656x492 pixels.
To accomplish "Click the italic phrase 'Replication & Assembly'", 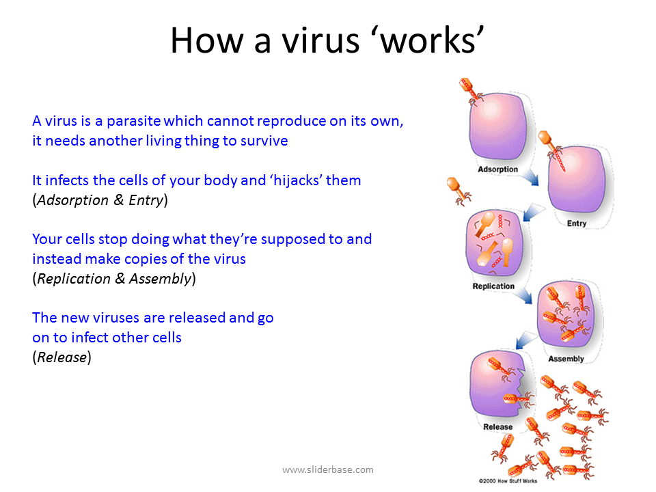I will [114, 279].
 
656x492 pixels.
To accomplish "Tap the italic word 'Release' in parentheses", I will [61, 357].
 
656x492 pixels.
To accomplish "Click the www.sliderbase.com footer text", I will [328, 469].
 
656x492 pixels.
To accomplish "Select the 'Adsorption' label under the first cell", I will [497, 169].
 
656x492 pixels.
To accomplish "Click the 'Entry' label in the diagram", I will [577, 223].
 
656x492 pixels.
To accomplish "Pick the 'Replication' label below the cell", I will [493, 286].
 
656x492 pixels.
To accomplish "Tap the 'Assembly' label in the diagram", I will [566, 359].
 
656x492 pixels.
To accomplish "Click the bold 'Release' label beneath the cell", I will [497, 427].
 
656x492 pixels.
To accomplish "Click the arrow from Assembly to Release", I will [525, 338].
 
